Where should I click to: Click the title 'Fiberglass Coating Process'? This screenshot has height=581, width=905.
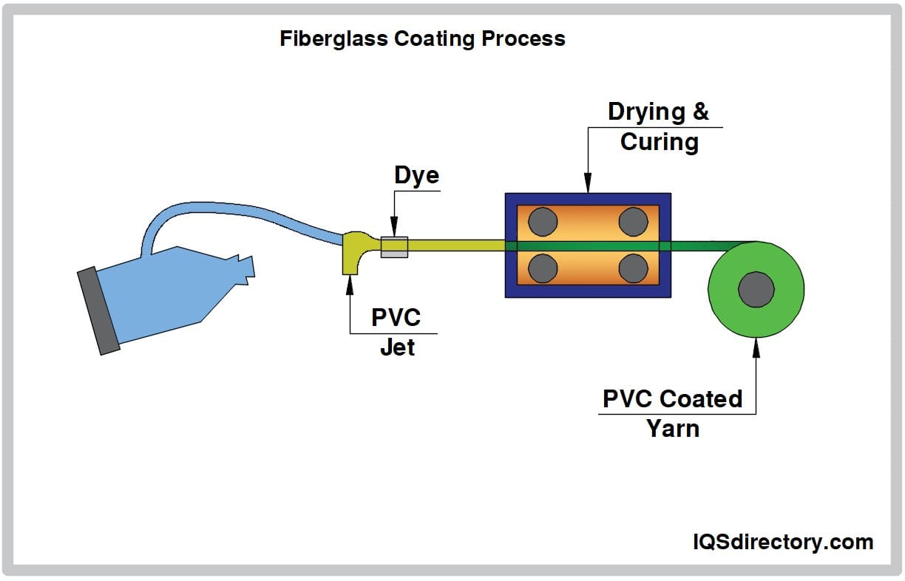pyautogui.click(x=422, y=39)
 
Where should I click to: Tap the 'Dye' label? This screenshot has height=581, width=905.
pyautogui.click(x=416, y=176)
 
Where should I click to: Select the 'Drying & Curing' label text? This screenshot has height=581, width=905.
pyautogui.click(x=658, y=126)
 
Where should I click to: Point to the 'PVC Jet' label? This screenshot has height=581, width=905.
pyautogui.click(x=396, y=332)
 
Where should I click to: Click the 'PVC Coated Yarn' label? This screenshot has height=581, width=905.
pyautogui.click(x=672, y=412)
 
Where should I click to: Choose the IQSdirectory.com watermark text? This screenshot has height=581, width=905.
pyautogui.click(x=782, y=542)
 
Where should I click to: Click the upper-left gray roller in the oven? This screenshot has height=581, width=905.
pyautogui.click(x=543, y=220)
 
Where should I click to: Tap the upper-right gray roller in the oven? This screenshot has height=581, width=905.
pyautogui.click(x=634, y=220)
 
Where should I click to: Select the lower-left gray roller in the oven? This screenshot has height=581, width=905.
pyautogui.click(x=543, y=268)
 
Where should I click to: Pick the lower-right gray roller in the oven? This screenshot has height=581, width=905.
pyautogui.click(x=634, y=268)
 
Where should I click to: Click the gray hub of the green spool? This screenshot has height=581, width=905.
pyautogui.click(x=756, y=288)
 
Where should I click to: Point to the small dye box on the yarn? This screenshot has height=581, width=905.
pyautogui.click(x=394, y=247)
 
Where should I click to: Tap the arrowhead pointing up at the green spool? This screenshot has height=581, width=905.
pyautogui.click(x=756, y=344)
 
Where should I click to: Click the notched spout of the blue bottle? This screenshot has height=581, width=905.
pyautogui.click(x=244, y=269)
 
